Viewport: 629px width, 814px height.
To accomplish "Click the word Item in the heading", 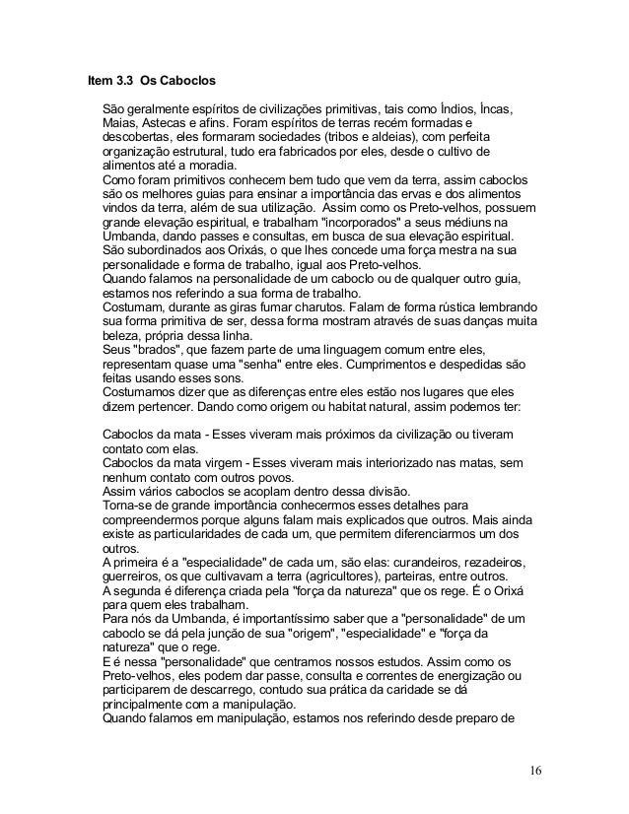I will pyautogui.click(x=101, y=78).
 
